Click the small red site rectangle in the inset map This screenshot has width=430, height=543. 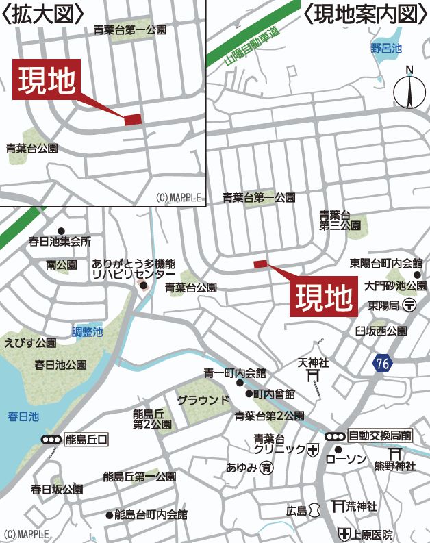[133, 119]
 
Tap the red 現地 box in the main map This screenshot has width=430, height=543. [325, 296]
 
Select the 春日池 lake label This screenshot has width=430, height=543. [24, 416]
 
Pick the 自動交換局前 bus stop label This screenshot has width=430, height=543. [379, 435]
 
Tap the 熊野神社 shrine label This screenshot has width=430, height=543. [394, 466]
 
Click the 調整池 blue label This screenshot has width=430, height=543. [88, 331]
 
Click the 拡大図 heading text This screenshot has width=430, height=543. [43, 14]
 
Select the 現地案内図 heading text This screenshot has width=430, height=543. [359, 14]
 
